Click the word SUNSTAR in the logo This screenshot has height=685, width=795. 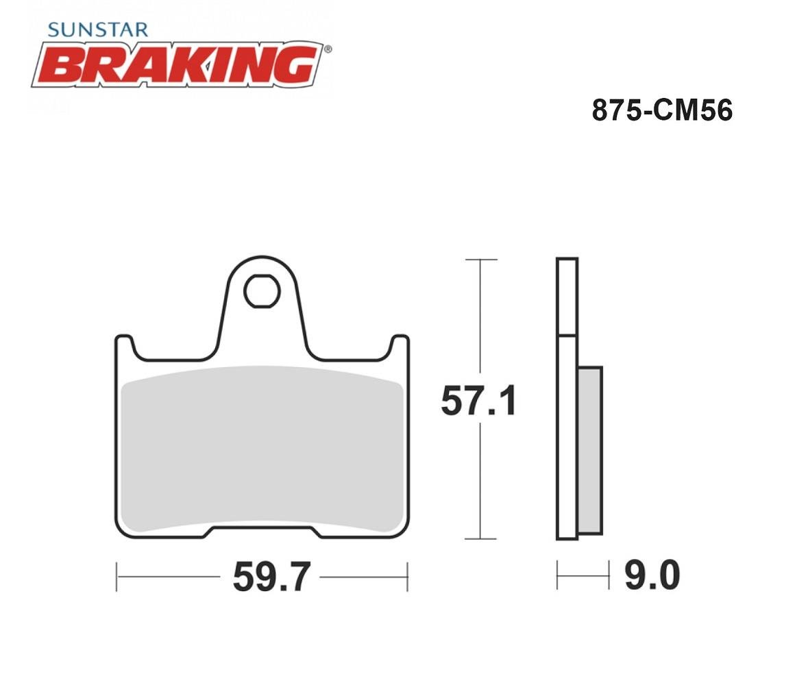97,30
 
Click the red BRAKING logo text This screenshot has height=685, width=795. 178,64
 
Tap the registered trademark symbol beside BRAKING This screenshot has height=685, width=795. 328,49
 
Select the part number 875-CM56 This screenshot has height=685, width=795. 662,110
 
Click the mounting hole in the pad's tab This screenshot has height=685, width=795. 262,291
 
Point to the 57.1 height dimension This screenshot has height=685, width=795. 479,401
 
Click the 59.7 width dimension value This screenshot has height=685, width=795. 272,577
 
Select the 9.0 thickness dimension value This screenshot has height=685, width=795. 652,575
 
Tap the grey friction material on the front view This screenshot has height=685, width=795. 262,449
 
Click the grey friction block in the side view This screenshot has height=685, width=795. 589,451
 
